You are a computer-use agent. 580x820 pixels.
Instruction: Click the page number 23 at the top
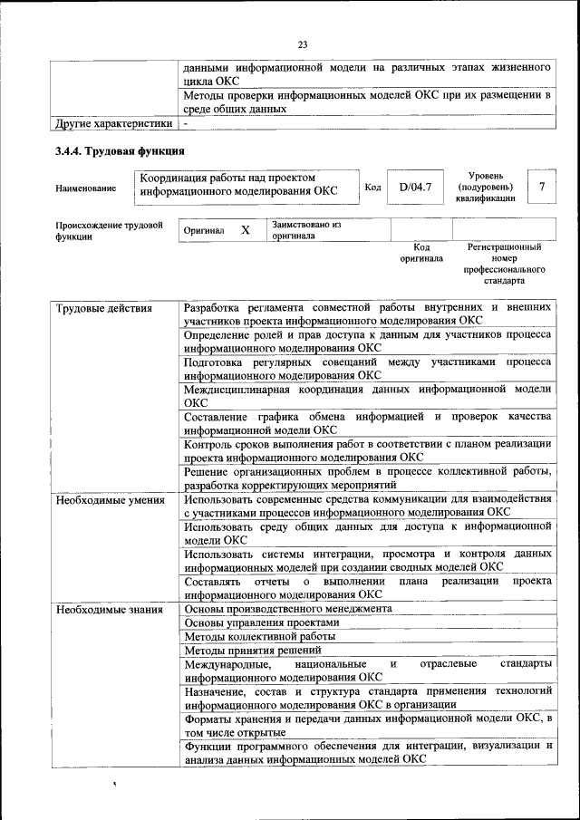tap(303, 43)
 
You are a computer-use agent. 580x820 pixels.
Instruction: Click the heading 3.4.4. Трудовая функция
tap(121, 150)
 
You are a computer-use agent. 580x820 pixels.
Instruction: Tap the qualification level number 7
tap(542, 188)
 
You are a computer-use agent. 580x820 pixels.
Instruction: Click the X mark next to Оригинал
tap(245, 230)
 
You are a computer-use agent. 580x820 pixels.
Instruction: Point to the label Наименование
tap(85, 188)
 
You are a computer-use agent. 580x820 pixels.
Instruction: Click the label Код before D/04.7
tap(372, 188)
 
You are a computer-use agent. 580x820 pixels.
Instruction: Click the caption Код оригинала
tap(421, 252)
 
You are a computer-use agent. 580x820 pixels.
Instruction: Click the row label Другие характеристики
tap(113, 123)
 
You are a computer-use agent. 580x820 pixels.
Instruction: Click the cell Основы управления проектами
tap(262, 622)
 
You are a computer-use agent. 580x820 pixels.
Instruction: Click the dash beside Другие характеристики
tap(186, 123)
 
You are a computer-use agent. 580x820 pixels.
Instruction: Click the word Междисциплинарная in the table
tap(237, 390)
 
